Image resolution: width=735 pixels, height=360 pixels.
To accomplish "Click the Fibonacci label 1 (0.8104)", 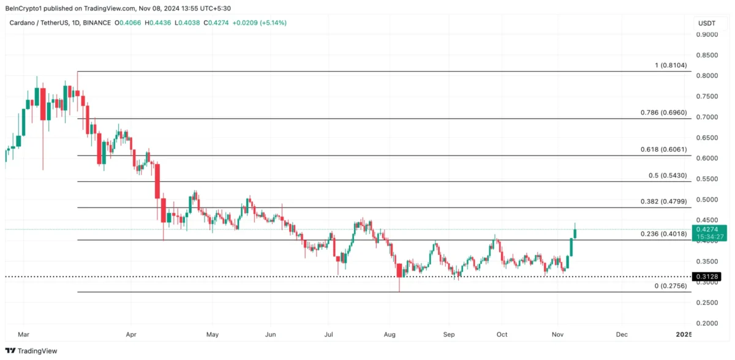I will [671, 65].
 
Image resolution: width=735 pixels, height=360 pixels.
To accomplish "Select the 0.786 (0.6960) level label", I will [663, 113].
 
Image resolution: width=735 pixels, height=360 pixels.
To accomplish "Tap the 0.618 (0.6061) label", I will [663, 149].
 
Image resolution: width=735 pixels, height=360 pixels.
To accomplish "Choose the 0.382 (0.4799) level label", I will [663, 201].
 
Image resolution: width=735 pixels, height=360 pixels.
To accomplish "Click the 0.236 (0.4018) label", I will [663, 234].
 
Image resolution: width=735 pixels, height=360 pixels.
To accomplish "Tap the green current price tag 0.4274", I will [708, 230].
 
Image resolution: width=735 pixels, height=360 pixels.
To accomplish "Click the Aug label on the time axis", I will [390, 335].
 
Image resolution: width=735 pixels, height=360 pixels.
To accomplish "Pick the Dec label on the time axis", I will [622, 335].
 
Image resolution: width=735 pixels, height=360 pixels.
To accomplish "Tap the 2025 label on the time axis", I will [684, 335].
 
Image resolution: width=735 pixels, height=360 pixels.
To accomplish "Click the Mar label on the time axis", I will [23, 335].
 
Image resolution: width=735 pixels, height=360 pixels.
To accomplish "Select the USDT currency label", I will [707, 23].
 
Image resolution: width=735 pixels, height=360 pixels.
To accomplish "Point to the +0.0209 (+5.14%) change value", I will [258, 23].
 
